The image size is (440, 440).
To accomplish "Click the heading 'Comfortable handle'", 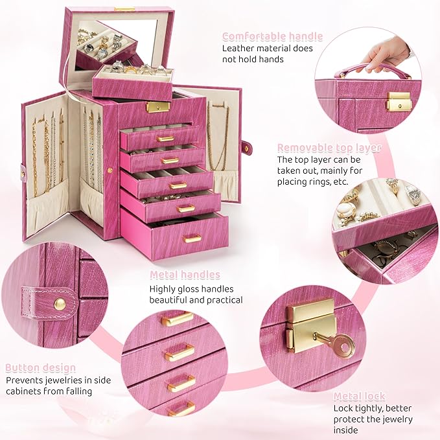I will (272, 36).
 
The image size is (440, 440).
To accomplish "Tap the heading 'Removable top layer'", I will (329, 148).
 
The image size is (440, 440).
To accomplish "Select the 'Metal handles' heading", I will (185, 275).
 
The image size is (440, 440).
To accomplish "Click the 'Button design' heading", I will (41, 368).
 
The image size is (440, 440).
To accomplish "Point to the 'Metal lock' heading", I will (359, 396).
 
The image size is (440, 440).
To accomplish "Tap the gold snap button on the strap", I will (60, 303).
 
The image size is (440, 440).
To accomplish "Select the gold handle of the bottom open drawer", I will (191, 238).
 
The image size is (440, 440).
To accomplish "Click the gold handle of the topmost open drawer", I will (165, 139).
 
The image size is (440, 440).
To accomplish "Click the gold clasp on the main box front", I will (157, 106).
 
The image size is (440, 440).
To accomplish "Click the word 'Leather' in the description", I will (240, 48).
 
